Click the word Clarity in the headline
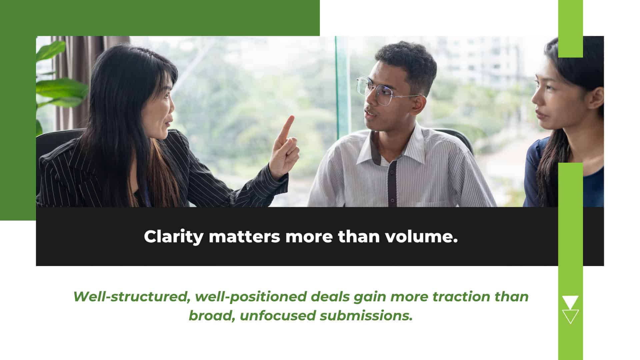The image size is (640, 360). point(173,237)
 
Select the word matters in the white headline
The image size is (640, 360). point(244,237)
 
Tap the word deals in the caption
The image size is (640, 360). point(330,297)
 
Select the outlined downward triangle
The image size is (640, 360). point(570,316)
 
